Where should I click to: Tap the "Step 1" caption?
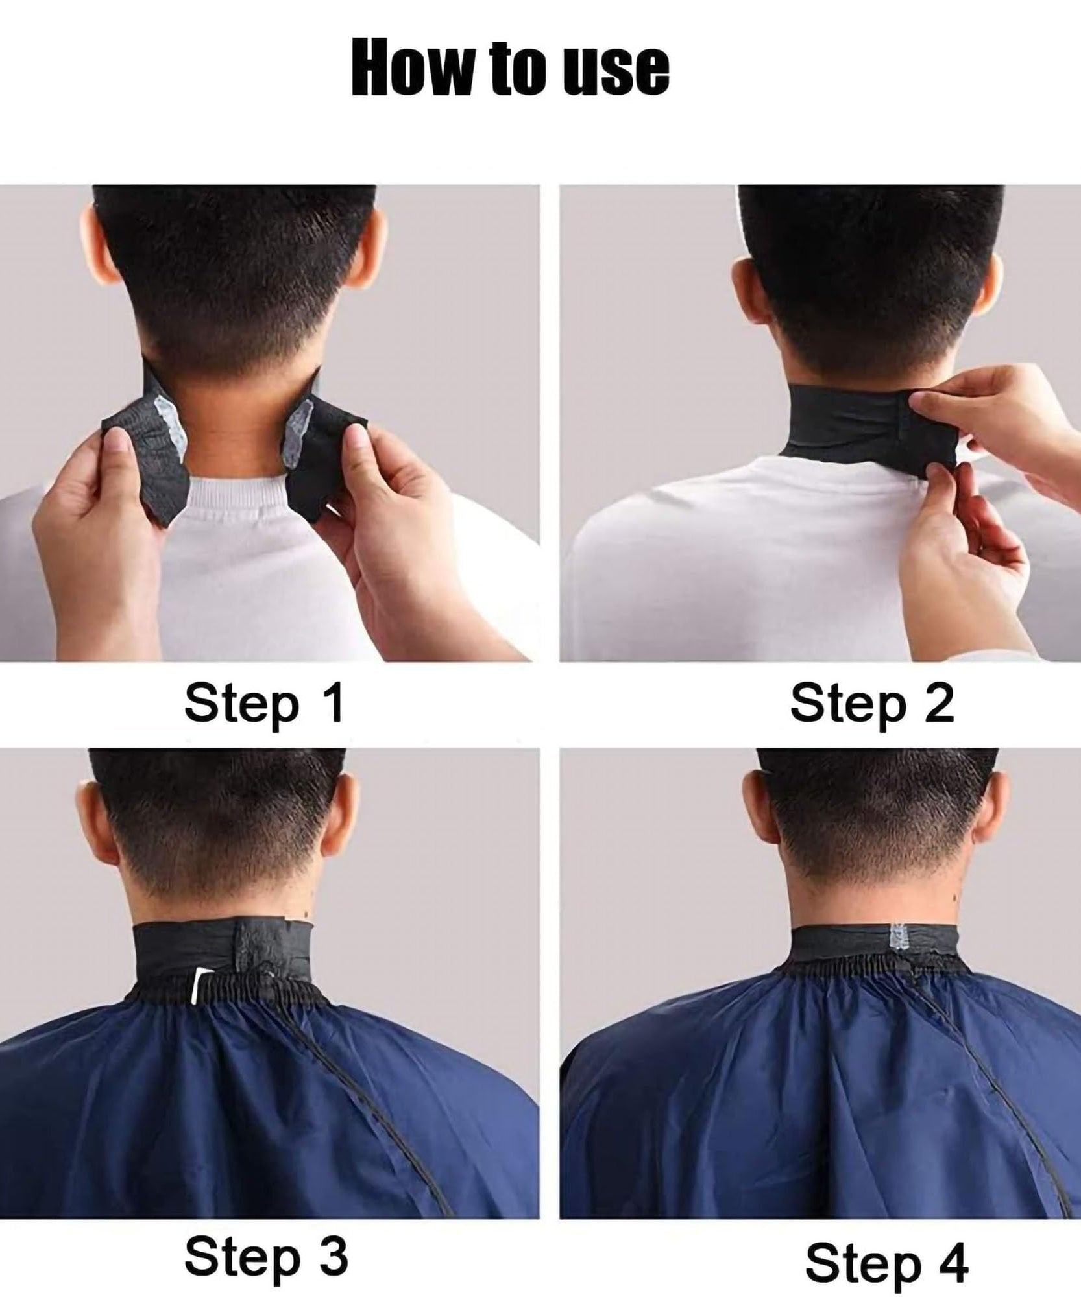click(263, 704)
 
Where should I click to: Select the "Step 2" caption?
click(871, 704)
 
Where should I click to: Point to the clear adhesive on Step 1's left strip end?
click(170, 425)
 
